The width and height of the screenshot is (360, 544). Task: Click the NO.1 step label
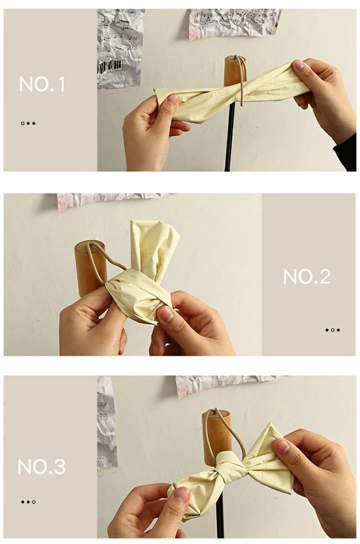42,85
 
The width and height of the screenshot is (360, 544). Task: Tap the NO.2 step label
307,277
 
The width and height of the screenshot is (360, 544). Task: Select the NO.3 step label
42,467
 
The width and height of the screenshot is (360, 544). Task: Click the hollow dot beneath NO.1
23,123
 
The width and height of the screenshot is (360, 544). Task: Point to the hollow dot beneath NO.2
333,330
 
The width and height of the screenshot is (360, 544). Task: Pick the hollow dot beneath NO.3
34,502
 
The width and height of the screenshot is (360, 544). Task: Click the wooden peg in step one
235,71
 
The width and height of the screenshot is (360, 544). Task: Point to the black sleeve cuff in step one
346,153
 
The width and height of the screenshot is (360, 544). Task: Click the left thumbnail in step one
172,99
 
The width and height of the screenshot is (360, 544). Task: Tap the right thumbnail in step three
282,446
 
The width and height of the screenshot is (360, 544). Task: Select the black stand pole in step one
229,137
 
